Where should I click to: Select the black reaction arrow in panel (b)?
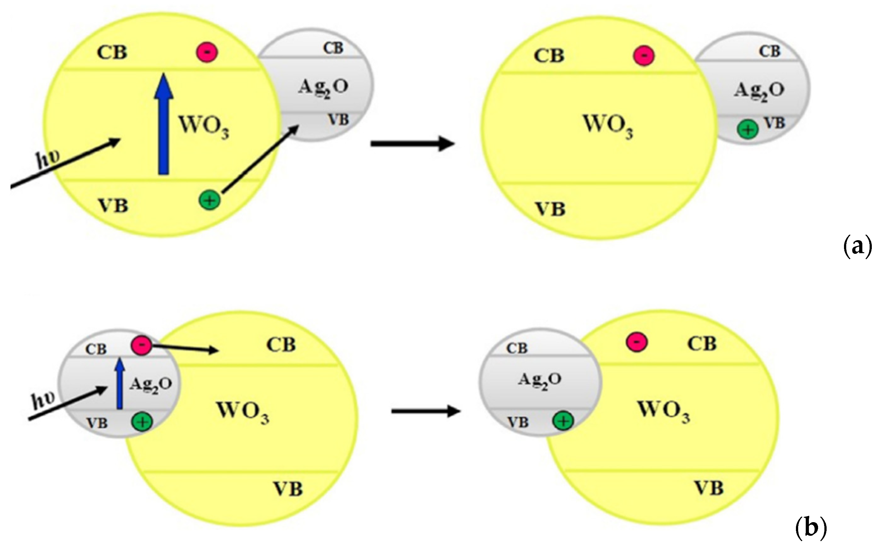[425, 411]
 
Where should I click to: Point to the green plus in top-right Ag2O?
[748, 129]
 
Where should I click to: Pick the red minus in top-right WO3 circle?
[644, 56]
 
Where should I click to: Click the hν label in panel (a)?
[49, 160]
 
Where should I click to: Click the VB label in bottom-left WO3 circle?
[288, 489]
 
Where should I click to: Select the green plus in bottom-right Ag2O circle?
[563, 421]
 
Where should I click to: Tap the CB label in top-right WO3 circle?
[549, 56]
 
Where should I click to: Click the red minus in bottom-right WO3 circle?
[637, 342]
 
